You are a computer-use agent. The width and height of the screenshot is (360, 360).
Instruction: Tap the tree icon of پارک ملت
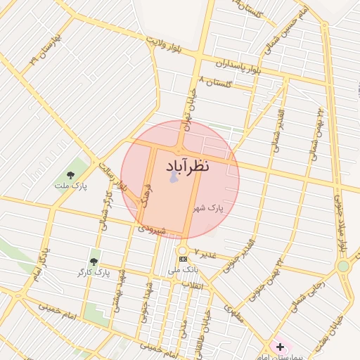pyautogui.click(x=70, y=175)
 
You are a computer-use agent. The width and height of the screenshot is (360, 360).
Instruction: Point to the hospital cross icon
pyautogui.click(x=280, y=347)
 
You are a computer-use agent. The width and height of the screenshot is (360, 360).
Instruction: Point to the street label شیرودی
pyautogui.click(x=151, y=229)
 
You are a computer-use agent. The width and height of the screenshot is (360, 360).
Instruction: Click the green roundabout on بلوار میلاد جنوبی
pyautogui.click(x=343, y=266)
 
